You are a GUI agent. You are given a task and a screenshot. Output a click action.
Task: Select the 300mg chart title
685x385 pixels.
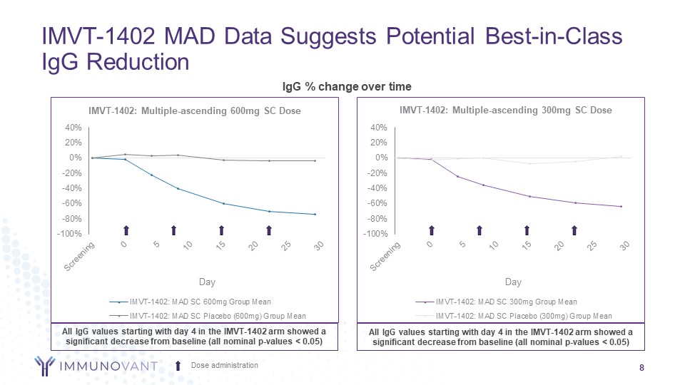click(x=505, y=111)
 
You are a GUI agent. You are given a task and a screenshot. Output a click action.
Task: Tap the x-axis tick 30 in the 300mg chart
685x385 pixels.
click(x=625, y=246)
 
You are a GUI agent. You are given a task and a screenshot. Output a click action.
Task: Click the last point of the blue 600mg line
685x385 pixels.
click(x=315, y=214)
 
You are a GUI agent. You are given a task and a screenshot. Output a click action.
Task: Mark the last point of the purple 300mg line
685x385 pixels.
click(x=621, y=207)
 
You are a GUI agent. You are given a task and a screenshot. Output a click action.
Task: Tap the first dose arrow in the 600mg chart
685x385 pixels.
click(x=126, y=230)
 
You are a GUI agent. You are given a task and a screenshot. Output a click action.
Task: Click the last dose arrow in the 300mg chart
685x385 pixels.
click(x=574, y=230)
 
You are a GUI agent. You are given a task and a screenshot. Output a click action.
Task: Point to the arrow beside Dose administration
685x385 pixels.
click(x=178, y=366)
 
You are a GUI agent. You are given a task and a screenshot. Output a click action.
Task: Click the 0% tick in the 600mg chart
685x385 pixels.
click(x=76, y=158)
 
